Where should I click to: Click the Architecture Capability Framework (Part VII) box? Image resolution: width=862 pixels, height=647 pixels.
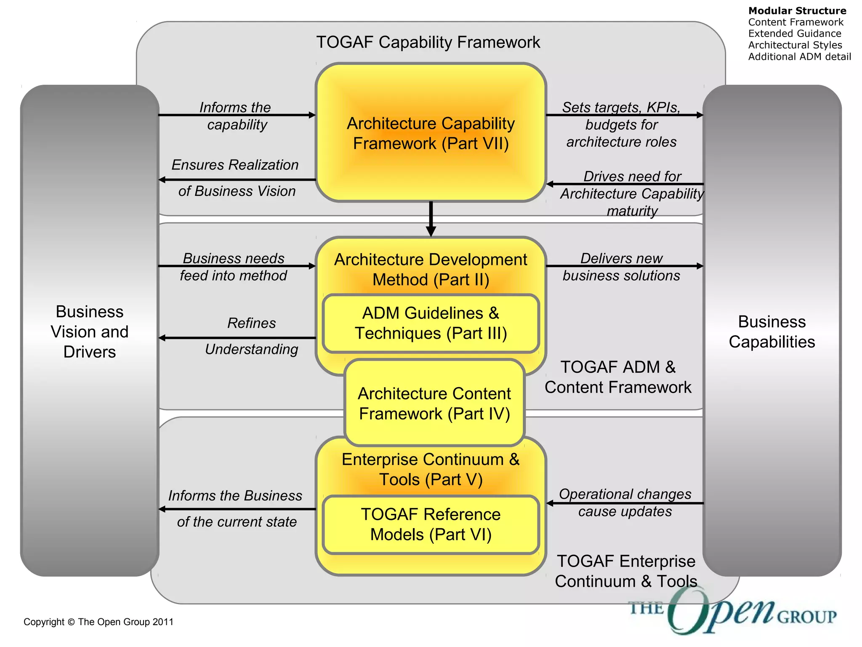pos(431,133)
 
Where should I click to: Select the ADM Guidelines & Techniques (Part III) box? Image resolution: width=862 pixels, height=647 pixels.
pos(431,323)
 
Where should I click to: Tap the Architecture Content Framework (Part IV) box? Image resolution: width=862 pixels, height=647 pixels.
pos(434,404)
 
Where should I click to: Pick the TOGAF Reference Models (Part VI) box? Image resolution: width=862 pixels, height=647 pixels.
pos(431,524)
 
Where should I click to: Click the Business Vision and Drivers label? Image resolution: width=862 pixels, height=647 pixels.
pos(90,332)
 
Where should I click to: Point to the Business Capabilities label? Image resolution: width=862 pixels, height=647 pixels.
pos(772,332)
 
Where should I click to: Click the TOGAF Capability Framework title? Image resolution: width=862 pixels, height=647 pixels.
pos(428,42)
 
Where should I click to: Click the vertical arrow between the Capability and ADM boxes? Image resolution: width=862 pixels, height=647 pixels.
pos(431,218)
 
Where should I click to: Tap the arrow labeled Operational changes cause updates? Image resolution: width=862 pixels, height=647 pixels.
pos(625,503)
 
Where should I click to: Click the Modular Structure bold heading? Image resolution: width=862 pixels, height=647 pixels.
pos(797,11)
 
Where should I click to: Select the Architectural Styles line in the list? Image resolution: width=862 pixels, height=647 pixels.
pos(795,45)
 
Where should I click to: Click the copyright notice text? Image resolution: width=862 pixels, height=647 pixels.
pos(98,622)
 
